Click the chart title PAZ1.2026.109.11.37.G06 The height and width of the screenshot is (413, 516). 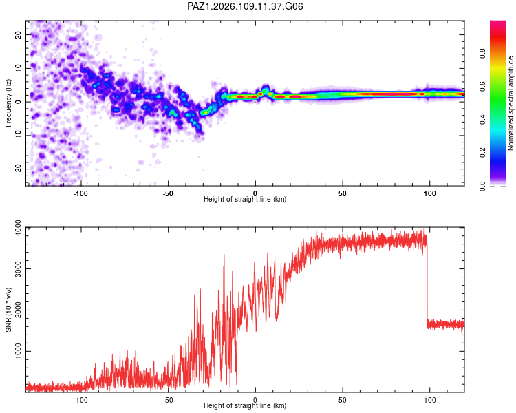[x=245, y=6]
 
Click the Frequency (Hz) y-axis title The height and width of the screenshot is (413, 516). [x=8, y=103]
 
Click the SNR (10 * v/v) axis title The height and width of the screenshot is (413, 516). [x=8, y=310]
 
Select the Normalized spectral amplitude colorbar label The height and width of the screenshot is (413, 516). [x=510, y=103]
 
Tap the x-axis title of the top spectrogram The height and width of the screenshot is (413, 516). [x=245, y=199]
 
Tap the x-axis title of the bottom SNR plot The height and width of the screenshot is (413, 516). [x=245, y=405]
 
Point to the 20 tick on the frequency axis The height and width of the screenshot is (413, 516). [x=19, y=34]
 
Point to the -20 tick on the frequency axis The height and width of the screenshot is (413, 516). [x=19, y=169]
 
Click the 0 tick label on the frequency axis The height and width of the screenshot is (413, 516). [x=19, y=102]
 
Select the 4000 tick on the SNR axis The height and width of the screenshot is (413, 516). [x=19, y=228]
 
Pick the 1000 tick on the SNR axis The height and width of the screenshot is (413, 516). [x=19, y=351]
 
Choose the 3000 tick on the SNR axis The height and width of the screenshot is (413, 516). [x=19, y=268]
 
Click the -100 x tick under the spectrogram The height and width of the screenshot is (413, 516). [x=80, y=193]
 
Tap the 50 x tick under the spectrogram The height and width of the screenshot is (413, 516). [x=343, y=193]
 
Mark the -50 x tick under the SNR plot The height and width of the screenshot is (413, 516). [x=168, y=400]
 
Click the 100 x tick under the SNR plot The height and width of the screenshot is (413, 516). [x=430, y=400]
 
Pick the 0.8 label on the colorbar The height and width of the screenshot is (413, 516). [x=482, y=54]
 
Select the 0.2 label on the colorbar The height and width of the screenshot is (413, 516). [x=482, y=153]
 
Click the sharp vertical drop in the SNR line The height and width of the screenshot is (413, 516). [x=427, y=282]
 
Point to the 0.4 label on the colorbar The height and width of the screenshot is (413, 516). [x=482, y=120]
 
